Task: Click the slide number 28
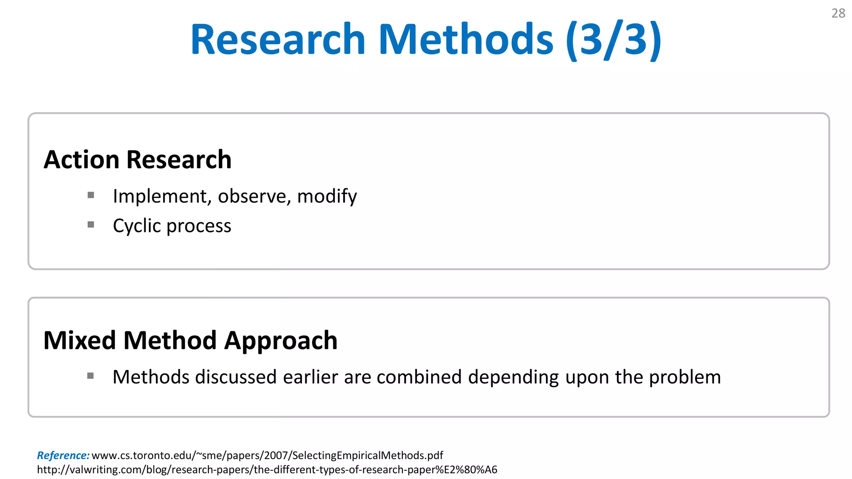click(x=838, y=13)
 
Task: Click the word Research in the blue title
click(x=277, y=40)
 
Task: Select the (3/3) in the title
click(x=614, y=40)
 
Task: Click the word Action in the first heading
click(x=82, y=160)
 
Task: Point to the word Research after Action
click(x=179, y=160)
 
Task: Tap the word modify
click(x=327, y=196)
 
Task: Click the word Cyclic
click(x=137, y=226)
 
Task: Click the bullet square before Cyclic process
click(x=91, y=225)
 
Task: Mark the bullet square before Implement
click(x=91, y=195)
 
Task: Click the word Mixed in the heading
click(x=79, y=341)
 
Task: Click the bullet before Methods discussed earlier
click(x=91, y=376)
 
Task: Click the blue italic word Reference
click(x=63, y=455)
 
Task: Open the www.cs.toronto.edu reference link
click(x=267, y=455)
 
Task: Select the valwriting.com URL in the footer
click(x=267, y=469)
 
